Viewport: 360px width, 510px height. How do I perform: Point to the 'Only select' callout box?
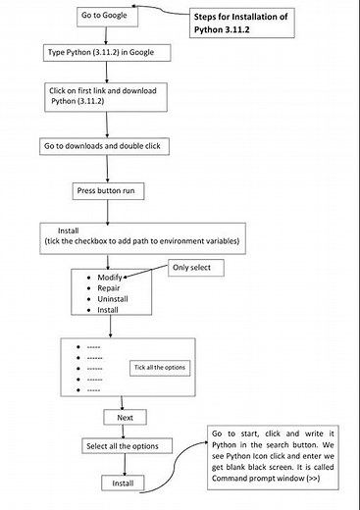click(x=199, y=267)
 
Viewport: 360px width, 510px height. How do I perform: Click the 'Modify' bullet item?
click(x=109, y=278)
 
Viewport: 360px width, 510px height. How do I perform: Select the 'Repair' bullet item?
click(x=108, y=288)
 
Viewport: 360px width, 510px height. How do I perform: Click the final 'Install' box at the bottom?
click(x=125, y=483)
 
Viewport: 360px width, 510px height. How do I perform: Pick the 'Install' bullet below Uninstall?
click(x=108, y=310)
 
